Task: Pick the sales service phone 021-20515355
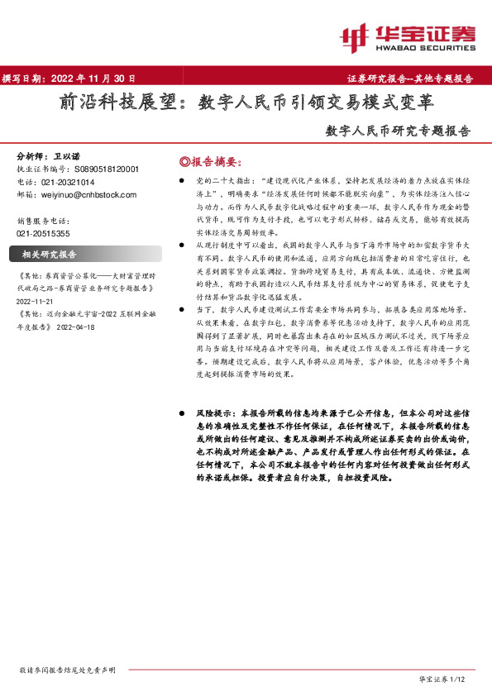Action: [45, 233]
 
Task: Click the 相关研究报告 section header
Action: [49, 254]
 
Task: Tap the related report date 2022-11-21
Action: [35, 303]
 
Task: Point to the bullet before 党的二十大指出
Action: [179, 179]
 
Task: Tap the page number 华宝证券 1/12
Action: [443, 679]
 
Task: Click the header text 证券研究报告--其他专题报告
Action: [410, 79]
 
